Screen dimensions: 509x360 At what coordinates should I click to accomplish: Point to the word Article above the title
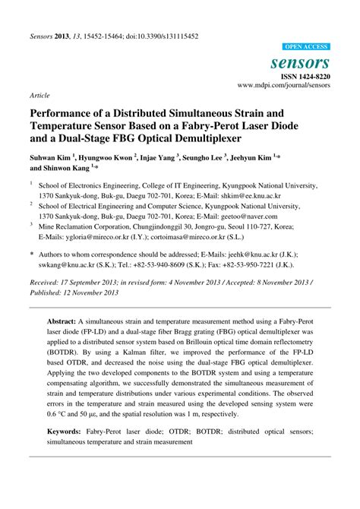(40, 96)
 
